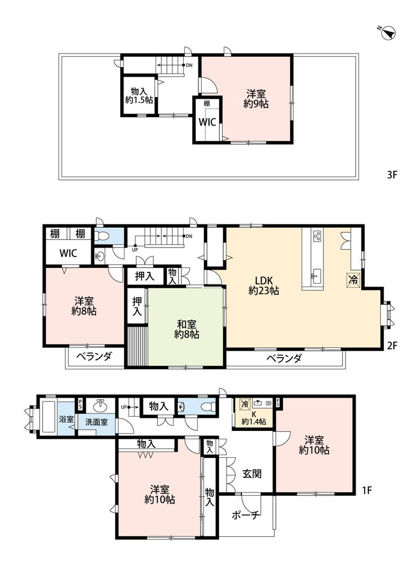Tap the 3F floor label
click(x=392, y=175)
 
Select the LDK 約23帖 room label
click(x=264, y=285)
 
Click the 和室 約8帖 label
click(x=187, y=329)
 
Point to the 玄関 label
click(x=252, y=474)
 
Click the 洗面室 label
click(x=96, y=422)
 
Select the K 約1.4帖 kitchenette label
click(x=254, y=418)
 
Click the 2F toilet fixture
click(x=103, y=237)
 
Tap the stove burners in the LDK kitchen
click(x=317, y=237)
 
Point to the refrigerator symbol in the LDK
click(x=353, y=280)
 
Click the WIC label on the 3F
click(x=207, y=122)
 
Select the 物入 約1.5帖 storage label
click(x=139, y=96)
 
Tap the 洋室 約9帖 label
click(x=256, y=99)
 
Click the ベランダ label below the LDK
click(x=284, y=359)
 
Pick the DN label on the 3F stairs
click(x=189, y=65)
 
